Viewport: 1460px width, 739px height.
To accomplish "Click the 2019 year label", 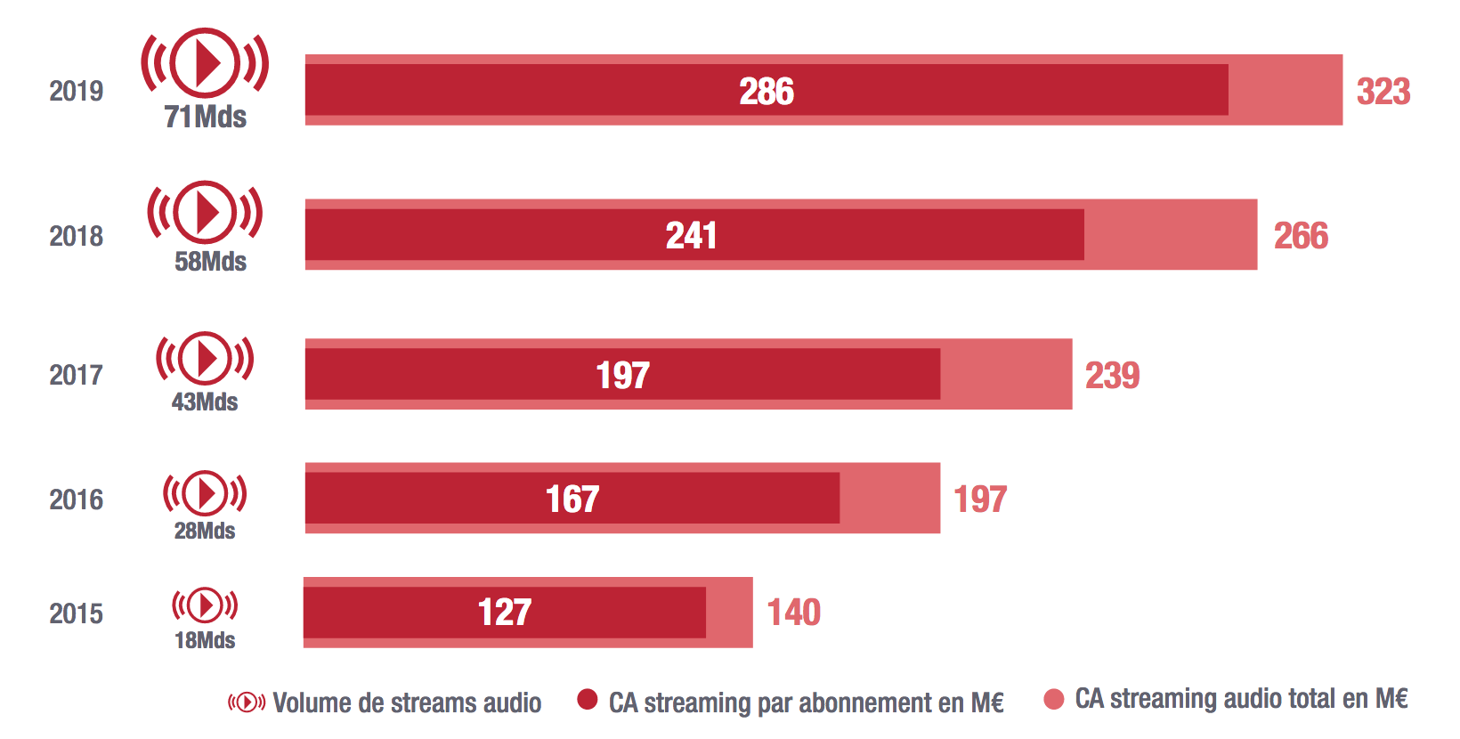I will coord(76,91).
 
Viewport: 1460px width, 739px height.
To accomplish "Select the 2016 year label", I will coord(76,499).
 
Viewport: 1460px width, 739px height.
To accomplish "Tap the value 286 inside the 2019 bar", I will coord(766,91).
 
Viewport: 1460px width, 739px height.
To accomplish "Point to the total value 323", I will coord(1383,91).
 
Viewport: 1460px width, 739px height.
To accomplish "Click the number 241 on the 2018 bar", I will coord(692,235).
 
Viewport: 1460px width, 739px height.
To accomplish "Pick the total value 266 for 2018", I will coord(1301,235).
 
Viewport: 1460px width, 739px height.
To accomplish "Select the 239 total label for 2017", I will coord(1112,375).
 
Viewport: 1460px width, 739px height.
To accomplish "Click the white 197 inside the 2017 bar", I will coord(622,375).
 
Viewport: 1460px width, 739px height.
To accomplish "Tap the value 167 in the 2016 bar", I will coord(572,499).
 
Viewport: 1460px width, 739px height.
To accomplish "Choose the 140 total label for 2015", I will coord(793,612).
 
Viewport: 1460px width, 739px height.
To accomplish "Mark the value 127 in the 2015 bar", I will coord(505,612).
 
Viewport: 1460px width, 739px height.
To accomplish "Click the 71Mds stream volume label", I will coord(205,117).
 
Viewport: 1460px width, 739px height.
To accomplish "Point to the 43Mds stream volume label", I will coord(205,402).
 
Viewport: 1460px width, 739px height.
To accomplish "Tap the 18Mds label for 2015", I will coord(205,640).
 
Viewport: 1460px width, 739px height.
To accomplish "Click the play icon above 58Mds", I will coord(205,212).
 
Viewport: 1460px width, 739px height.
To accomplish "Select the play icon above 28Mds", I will coord(205,493).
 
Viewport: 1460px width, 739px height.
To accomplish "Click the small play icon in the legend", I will coord(247,702).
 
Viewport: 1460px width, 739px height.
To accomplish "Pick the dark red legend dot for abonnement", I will coord(587,700).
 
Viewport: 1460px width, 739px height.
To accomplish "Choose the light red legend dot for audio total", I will coord(1054,699).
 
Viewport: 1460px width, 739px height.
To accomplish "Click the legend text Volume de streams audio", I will coord(407,702).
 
